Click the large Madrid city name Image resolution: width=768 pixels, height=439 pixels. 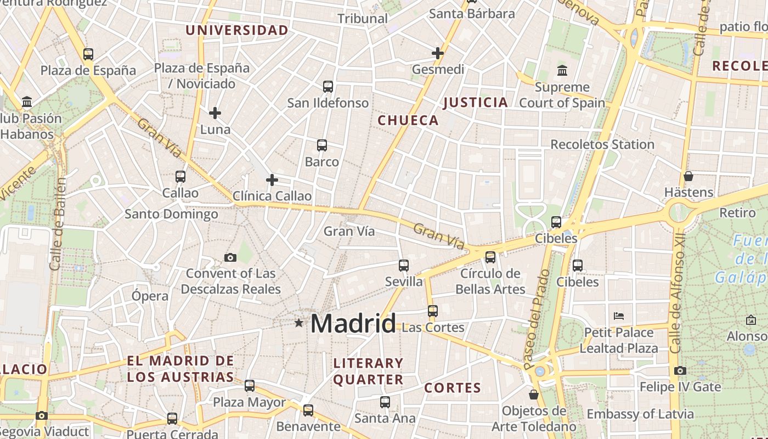(x=353, y=323)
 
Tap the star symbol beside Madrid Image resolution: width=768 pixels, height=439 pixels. (x=299, y=323)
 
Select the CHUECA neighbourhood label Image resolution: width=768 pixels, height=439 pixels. (x=409, y=120)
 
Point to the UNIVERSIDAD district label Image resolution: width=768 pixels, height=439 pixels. (x=237, y=30)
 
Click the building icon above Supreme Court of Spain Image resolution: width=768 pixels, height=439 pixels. (x=562, y=70)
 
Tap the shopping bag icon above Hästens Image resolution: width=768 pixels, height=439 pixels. (x=688, y=176)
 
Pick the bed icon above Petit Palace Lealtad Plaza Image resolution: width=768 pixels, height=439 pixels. (x=619, y=316)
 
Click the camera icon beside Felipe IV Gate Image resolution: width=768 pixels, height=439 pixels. (x=680, y=370)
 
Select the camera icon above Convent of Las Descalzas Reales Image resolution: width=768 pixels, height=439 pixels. (x=230, y=257)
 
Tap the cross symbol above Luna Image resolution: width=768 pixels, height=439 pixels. (x=215, y=113)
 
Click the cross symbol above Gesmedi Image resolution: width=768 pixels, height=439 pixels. (x=438, y=53)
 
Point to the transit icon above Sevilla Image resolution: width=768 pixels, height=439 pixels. (x=404, y=266)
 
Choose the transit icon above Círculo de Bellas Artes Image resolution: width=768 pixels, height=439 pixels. (x=490, y=257)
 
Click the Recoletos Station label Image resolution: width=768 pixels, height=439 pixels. (x=602, y=144)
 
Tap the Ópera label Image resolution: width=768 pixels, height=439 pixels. (x=150, y=296)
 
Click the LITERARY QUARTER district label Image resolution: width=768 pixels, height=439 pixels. (x=369, y=371)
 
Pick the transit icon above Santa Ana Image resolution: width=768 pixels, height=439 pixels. (x=385, y=402)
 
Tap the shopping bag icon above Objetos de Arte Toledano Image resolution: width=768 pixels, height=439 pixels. (x=534, y=395)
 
